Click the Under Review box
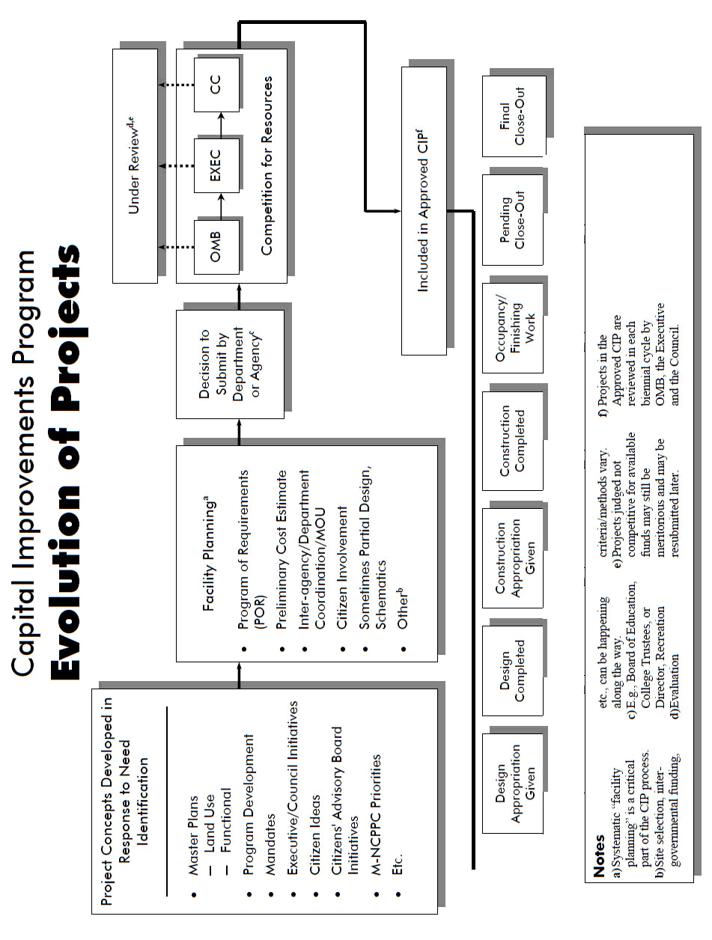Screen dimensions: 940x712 point(135,165)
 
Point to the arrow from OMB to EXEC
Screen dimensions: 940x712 point(216,203)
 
